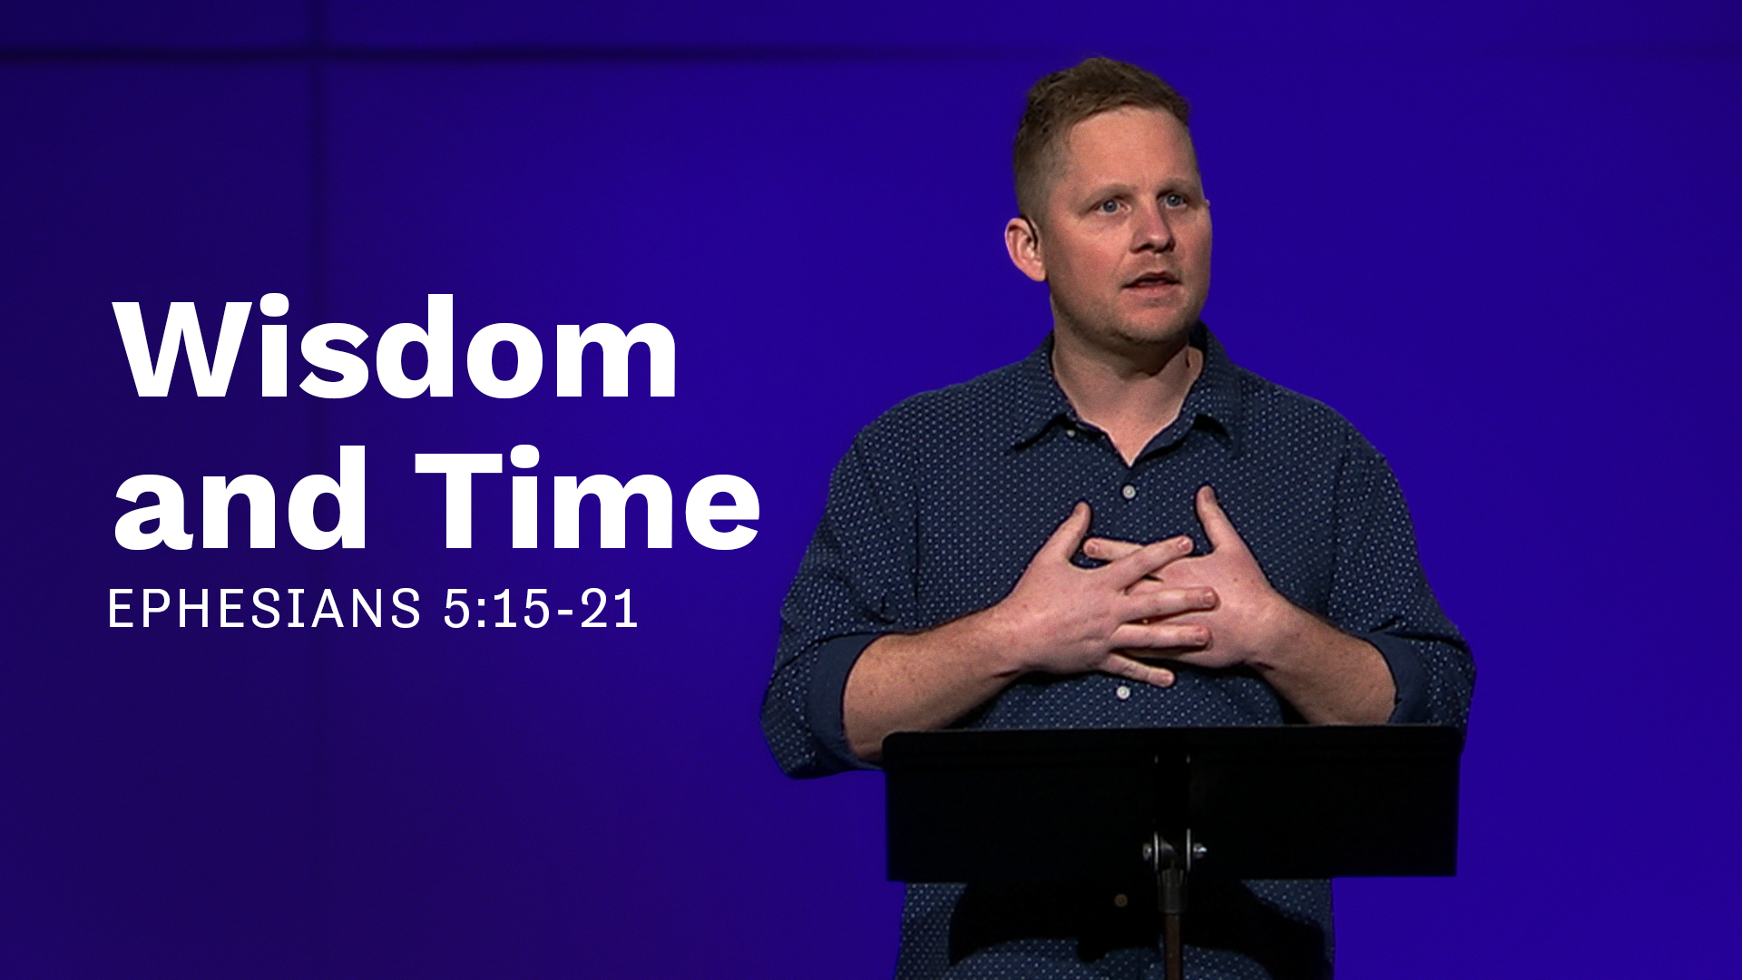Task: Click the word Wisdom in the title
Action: (396, 348)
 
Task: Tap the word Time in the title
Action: (587, 499)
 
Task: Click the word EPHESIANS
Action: (264, 609)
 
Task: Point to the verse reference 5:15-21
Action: (541, 609)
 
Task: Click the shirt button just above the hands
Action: (1129, 492)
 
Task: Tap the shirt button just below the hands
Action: (1123, 692)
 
